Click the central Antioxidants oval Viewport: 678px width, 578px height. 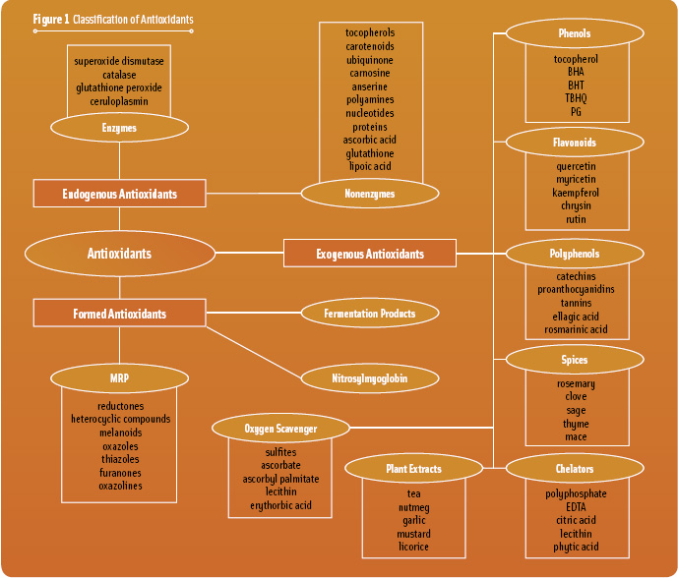pos(119,254)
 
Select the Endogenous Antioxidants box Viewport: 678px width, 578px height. pos(119,194)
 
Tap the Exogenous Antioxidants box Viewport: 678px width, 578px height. pos(370,254)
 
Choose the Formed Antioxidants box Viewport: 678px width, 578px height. pos(119,314)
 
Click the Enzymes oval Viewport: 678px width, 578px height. pos(119,128)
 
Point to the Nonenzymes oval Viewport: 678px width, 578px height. pos(370,194)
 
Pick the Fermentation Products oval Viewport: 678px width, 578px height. pos(370,314)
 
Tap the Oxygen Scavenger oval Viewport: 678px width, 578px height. pos(280,429)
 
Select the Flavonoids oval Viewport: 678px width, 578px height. pos(575,143)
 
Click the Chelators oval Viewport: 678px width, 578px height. pos(575,469)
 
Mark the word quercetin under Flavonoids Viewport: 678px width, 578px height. pos(576,166)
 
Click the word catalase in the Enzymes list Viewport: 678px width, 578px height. pos(119,75)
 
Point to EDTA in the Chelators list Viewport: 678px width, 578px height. pos(576,507)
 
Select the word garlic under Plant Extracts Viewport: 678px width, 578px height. pos(414,520)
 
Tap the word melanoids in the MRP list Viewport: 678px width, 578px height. pos(120,433)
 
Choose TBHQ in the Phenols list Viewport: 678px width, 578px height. pos(576,98)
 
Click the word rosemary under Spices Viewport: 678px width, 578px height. pos(576,383)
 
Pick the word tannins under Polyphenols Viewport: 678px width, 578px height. pos(576,303)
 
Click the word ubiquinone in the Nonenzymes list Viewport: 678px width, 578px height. pos(370,59)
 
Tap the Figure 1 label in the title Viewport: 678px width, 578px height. pos(51,20)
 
